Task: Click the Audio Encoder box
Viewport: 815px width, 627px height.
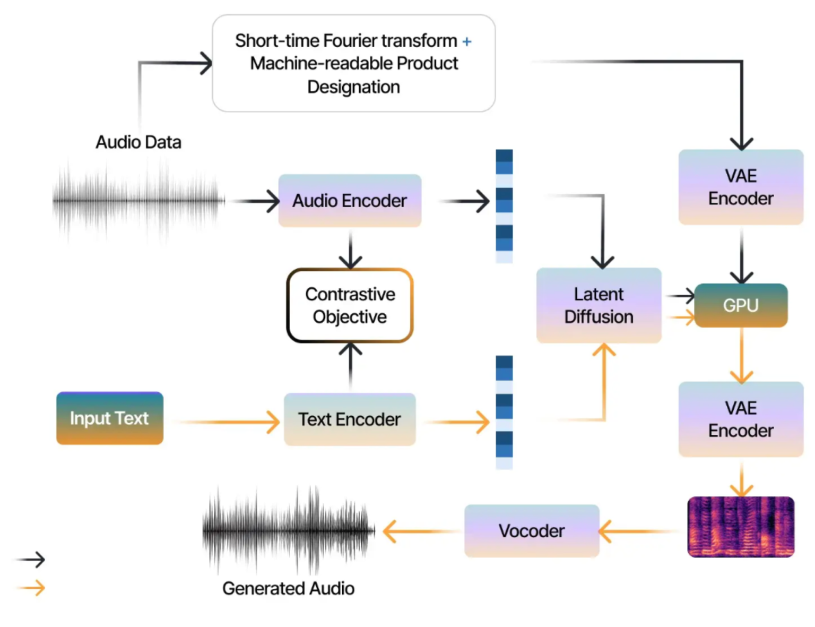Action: click(350, 201)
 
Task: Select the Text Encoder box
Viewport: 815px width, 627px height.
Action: click(350, 419)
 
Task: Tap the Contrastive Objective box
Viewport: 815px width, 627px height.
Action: click(350, 305)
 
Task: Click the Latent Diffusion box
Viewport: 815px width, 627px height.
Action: click(599, 305)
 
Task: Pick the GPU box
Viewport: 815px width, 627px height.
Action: click(741, 305)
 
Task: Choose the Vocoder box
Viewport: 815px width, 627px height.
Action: click(532, 531)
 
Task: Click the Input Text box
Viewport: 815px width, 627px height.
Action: click(110, 418)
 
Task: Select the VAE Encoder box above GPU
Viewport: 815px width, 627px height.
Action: click(741, 187)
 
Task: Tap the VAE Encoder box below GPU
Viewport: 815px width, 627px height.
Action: click(741, 419)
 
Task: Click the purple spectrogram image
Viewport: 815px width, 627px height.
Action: click(741, 527)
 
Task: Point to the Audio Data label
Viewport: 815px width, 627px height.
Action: click(138, 142)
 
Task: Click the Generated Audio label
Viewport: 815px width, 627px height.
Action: click(288, 588)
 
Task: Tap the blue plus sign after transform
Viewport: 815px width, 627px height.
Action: click(466, 41)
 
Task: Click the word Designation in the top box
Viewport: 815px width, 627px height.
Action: click(353, 87)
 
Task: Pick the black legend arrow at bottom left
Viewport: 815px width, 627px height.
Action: click(31, 559)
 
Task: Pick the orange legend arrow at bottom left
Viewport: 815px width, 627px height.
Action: click(31, 588)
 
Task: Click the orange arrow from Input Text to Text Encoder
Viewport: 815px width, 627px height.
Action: click(228, 422)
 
